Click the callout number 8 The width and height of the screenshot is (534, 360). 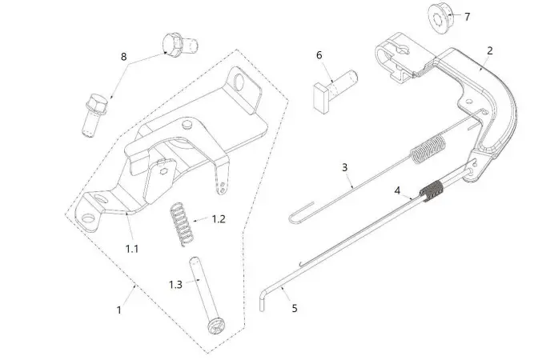pyautogui.click(x=123, y=57)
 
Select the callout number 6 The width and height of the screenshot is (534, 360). pyautogui.click(x=319, y=55)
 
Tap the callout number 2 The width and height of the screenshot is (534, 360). pyautogui.click(x=489, y=50)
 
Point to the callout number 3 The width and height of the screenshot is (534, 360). pyautogui.click(x=344, y=168)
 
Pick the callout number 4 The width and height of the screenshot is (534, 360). pyautogui.click(x=397, y=190)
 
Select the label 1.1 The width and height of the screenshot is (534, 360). pyautogui.click(x=131, y=249)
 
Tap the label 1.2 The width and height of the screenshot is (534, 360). pyautogui.click(x=218, y=218)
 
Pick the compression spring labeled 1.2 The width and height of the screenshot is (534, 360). pyautogui.click(x=183, y=221)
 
